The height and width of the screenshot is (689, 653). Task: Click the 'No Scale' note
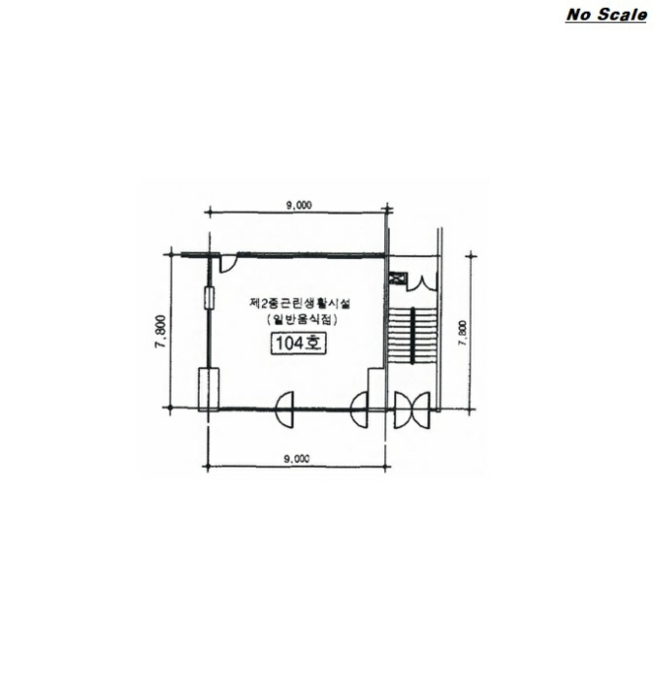[606, 15]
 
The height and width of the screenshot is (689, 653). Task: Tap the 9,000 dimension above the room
[299, 205]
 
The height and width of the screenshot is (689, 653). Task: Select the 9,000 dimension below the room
[296, 459]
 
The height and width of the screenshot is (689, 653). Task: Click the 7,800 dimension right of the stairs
[462, 334]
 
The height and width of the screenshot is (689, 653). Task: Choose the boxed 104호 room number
[299, 344]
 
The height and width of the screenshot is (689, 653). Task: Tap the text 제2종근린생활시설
[299, 303]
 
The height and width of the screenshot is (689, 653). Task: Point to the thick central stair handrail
[413, 336]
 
